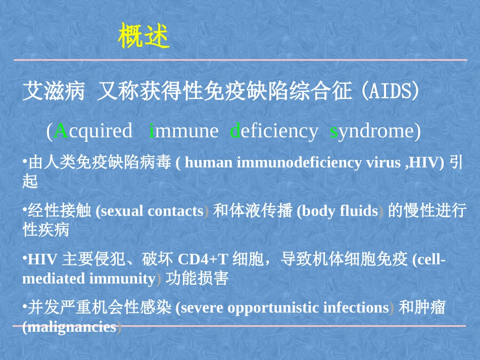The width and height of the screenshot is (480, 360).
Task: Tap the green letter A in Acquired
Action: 61,131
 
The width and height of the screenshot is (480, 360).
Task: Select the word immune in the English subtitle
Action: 184,131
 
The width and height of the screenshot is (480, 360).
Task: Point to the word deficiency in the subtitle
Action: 274,131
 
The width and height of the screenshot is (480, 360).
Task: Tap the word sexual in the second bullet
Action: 122,211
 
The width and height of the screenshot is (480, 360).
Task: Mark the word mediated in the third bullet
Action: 54,278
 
